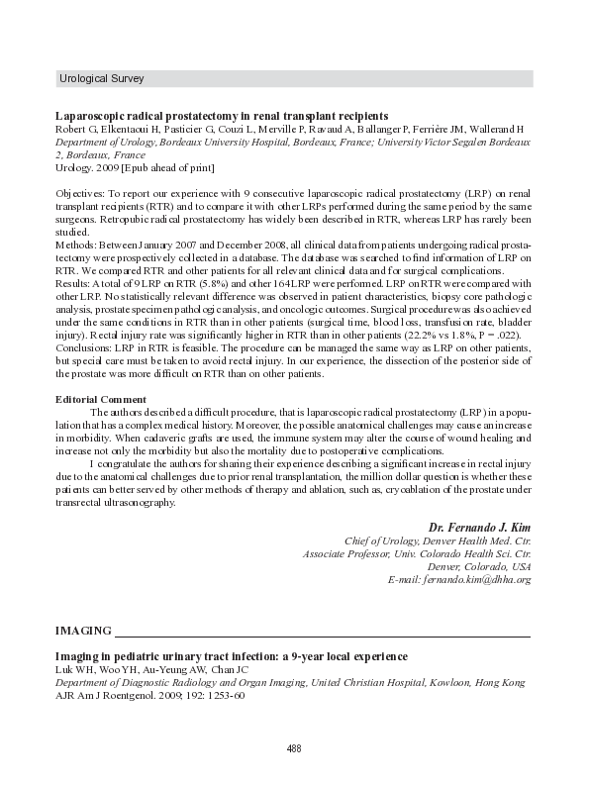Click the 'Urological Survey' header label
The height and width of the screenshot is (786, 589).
[101, 77]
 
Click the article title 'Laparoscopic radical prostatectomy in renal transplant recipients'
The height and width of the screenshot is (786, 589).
[222, 116]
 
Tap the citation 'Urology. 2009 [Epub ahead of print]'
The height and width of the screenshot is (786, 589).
[135, 168]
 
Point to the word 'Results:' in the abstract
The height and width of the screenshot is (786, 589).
[74, 284]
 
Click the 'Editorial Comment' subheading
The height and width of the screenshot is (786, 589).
[101, 399]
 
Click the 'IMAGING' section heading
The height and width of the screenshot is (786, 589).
[83, 631]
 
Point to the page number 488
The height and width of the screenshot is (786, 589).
[294, 747]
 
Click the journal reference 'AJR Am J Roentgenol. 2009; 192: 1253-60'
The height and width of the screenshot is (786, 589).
[149, 695]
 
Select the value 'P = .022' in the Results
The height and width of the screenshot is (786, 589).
[495, 336]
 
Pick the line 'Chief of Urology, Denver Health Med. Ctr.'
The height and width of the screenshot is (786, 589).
[438, 541]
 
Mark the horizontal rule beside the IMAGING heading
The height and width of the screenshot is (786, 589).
[326, 635]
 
